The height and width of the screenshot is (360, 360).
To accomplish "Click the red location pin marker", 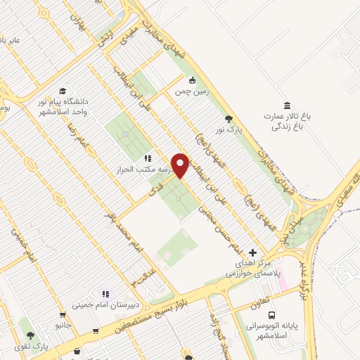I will coord(181,165).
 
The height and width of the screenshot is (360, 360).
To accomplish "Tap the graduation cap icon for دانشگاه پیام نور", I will coord(63,91).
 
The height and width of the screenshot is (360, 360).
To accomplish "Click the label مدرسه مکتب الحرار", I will coord(148,170).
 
